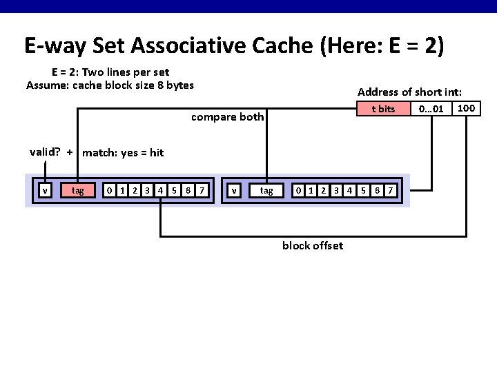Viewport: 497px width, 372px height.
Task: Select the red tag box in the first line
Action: point(78,190)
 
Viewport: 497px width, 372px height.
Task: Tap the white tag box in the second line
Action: point(266,190)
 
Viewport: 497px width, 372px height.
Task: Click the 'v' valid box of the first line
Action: point(45,190)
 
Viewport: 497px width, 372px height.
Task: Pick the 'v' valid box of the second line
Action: point(235,190)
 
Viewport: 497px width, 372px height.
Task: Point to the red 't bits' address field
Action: point(382,109)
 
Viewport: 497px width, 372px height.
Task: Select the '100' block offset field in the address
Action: point(467,108)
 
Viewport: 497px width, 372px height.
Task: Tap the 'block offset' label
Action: point(312,246)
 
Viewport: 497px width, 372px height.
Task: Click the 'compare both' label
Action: point(227,116)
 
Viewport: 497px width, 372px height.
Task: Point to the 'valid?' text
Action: point(45,152)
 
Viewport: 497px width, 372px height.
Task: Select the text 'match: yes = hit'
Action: point(123,153)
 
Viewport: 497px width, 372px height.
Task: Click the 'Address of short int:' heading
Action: point(409,92)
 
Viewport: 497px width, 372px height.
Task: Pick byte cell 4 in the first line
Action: point(160,190)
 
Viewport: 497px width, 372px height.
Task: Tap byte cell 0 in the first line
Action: point(108,190)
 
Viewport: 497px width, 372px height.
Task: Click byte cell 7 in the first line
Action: point(201,190)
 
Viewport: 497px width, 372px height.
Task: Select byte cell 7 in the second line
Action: point(391,190)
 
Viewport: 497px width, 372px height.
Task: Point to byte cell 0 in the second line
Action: point(298,190)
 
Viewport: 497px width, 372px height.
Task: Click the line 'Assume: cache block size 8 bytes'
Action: point(110,85)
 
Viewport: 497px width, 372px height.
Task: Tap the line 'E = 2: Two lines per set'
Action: point(110,72)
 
